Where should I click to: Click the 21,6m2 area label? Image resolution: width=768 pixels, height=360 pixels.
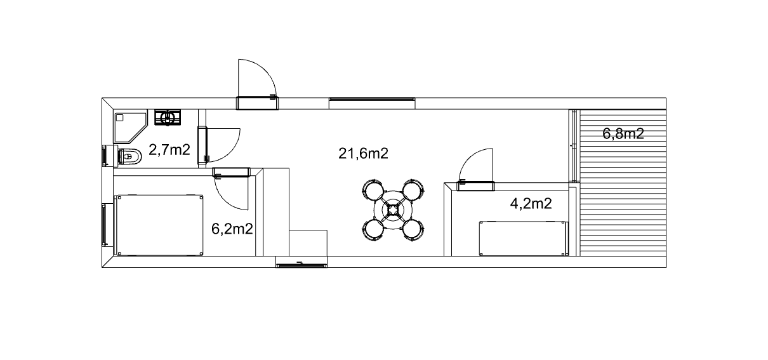363,154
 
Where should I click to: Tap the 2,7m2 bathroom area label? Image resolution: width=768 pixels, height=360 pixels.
169,150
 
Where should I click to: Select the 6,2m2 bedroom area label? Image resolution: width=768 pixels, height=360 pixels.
232,229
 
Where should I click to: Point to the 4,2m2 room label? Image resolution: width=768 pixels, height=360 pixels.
531,204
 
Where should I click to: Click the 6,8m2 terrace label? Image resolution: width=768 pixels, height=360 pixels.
623,134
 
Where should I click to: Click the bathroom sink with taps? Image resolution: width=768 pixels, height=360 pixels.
168,117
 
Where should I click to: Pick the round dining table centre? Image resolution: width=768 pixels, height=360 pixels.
393,210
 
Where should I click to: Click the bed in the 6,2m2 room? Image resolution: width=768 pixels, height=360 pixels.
159,225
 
